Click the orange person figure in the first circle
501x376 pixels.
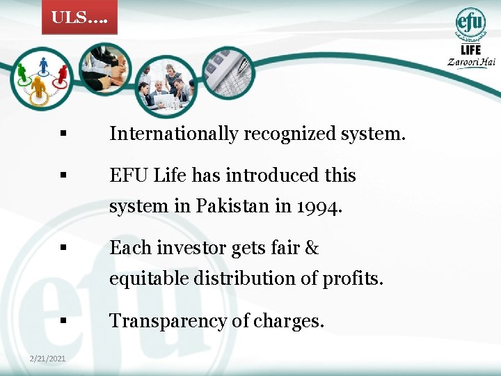click(39, 86)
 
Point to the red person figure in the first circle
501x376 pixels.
click(62, 72)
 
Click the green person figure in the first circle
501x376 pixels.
click(22, 71)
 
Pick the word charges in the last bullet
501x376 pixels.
click(296, 321)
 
